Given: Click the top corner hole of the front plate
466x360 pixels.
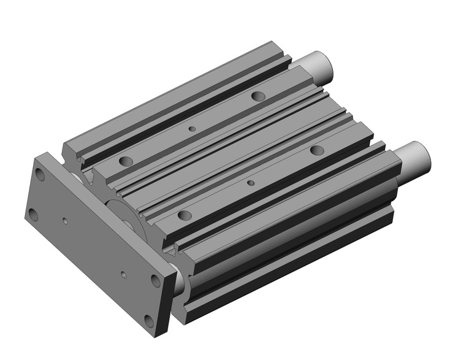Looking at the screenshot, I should [41, 174].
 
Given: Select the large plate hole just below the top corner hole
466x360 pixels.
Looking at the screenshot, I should [32, 214].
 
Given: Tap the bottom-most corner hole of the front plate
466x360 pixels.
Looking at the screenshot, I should [148, 320].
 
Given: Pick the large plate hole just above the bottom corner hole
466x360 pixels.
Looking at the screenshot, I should [156, 280].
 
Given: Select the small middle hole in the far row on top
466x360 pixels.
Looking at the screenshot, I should [192, 129].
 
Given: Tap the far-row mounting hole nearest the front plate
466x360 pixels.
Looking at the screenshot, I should [126, 161].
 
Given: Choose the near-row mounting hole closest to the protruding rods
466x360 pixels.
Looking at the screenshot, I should [316, 150].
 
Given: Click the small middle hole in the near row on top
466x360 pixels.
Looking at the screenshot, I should [250, 183].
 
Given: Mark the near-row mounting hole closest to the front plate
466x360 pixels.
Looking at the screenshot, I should [183, 215].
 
